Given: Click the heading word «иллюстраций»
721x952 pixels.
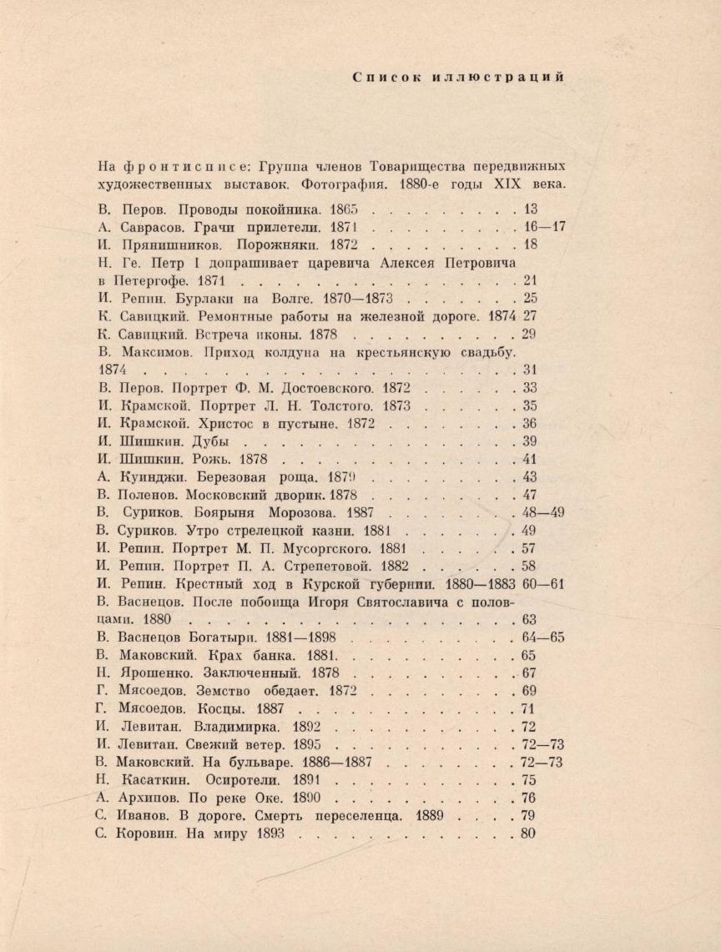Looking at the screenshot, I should tap(499, 78).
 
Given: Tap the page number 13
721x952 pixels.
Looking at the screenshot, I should tap(529, 209).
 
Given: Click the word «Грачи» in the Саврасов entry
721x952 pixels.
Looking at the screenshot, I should tap(221, 227).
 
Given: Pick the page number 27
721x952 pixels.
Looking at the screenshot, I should tap(529, 316).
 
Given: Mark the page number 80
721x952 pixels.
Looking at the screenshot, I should tap(527, 834).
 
